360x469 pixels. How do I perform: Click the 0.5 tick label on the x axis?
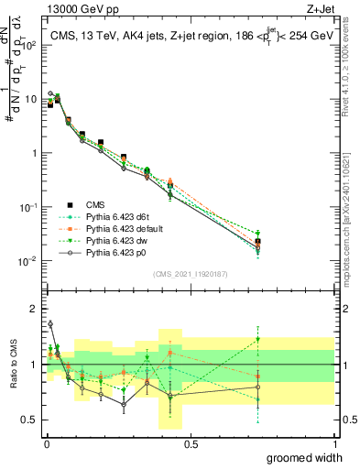(x=191, y=443)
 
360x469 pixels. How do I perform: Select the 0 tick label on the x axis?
(x=47, y=443)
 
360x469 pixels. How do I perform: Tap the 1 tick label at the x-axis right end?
(x=334, y=443)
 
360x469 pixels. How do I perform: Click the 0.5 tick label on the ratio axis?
(x=30, y=421)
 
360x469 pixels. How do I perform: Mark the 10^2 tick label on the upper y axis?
(x=30, y=45)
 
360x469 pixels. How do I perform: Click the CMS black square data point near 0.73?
(x=258, y=243)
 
